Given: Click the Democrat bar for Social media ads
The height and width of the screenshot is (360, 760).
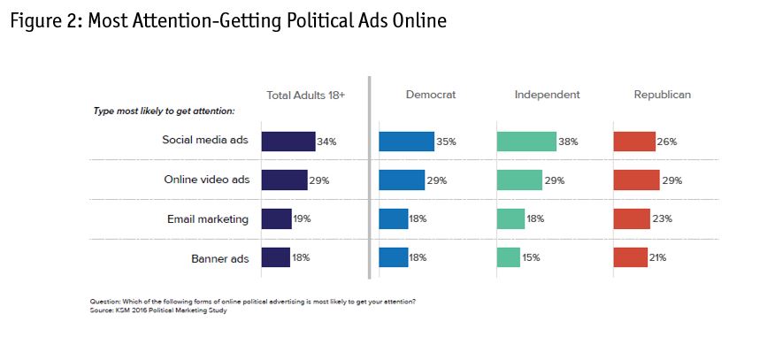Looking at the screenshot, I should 406,142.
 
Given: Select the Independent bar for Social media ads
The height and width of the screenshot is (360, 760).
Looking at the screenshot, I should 526,142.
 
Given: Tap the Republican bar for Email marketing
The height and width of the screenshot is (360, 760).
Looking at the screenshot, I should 632,218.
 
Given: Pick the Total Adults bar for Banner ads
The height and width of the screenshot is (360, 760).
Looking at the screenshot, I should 275,257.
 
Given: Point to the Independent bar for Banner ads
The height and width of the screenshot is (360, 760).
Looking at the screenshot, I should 508,257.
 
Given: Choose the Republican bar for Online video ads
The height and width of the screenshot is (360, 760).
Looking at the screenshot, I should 636,180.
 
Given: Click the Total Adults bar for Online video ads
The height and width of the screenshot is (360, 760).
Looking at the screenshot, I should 284,180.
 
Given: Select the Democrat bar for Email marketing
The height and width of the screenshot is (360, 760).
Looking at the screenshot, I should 393,218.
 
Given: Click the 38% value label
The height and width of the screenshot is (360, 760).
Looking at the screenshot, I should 569,142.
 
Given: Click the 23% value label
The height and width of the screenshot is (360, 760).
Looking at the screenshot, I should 663,218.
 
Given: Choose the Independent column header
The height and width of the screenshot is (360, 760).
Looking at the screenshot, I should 547,95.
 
